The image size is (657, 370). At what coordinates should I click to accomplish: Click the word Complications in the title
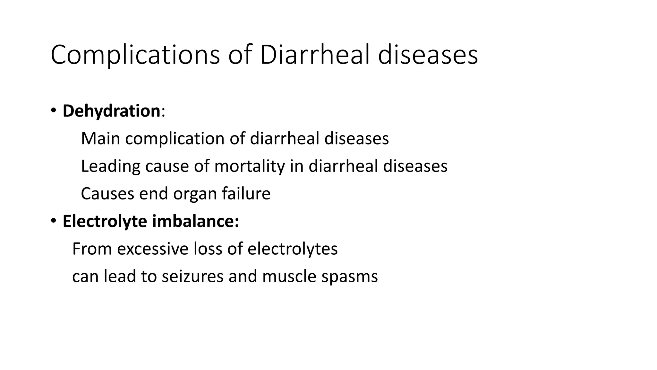click(x=135, y=55)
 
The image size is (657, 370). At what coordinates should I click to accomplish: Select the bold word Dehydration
click(x=111, y=111)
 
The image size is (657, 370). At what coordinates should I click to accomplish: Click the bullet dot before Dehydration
click(x=53, y=110)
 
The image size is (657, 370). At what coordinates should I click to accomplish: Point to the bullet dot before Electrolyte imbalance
click(x=53, y=221)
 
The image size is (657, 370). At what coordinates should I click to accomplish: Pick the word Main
click(x=100, y=139)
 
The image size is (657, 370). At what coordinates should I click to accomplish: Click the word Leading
click(x=110, y=166)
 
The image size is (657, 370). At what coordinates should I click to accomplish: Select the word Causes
click(x=107, y=194)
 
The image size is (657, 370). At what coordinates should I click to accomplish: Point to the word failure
click(x=246, y=194)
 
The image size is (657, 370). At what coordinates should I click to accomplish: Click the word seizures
click(x=192, y=277)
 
